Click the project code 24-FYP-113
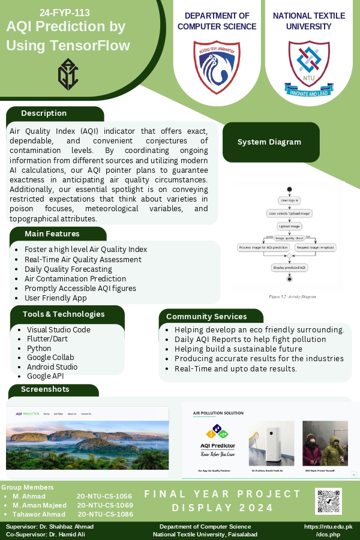point(65,12)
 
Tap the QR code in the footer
point(328,501)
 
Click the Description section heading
point(44,113)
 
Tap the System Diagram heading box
point(269,142)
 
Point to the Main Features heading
point(52,234)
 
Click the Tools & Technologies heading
point(64,314)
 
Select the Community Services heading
point(206,316)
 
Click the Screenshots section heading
point(45,389)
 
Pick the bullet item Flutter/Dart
point(47,339)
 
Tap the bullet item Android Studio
point(52,367)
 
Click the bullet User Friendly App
point(56,298)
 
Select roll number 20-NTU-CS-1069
point(105,505)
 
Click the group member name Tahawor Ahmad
point(39,514)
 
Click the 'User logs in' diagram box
point(289,200)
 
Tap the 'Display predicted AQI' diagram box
point(289,268)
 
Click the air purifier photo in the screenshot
point(271,443)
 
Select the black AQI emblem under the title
point(68,74)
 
